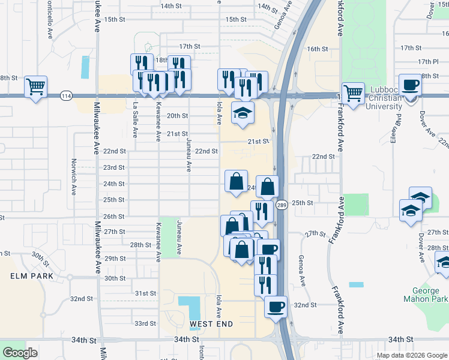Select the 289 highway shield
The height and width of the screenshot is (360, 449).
[x=282, y=205]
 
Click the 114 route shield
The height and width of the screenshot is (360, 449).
[x=66, y=95]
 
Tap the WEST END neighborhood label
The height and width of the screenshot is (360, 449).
[x=211, y=324]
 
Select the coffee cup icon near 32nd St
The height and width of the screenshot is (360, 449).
[x=276, y=307]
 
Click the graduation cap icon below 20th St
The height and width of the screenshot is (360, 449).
[x=243, y=113]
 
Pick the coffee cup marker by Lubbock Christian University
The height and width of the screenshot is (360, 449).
[x=410, y=85]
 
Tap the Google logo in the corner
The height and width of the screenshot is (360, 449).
[x=20, y=352]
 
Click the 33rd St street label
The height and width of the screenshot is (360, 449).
[x=145, y=323]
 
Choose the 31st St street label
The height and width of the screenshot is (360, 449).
[x=145, y=293]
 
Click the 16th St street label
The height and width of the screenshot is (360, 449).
[x=318, y=49]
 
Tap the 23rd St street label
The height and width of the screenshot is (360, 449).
[x=114, y=167]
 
